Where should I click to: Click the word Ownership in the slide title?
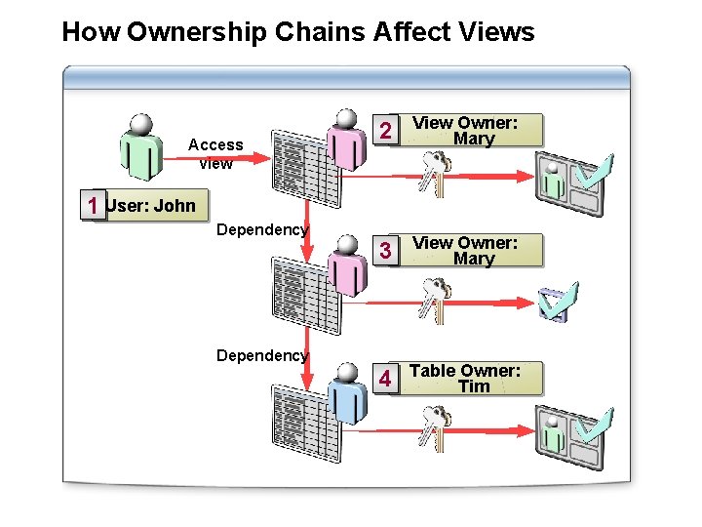(x=198, y=32)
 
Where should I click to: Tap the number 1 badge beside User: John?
(x=92, y=207)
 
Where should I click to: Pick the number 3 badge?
(x=387, y=251)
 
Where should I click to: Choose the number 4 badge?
(x=387, y=379)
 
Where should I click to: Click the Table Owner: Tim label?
(x=465, y=379)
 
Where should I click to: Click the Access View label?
(x=215, y=153)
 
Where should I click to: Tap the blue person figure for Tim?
(x=345, y=394)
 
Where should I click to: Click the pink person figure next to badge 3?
(x=345, y=263)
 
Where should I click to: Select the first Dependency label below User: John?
(x=261, y=230)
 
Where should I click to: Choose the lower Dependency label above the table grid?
(x=261, y=355)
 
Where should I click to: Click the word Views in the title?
(x=493, y=32)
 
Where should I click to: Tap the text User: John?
(x=150, y=206)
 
